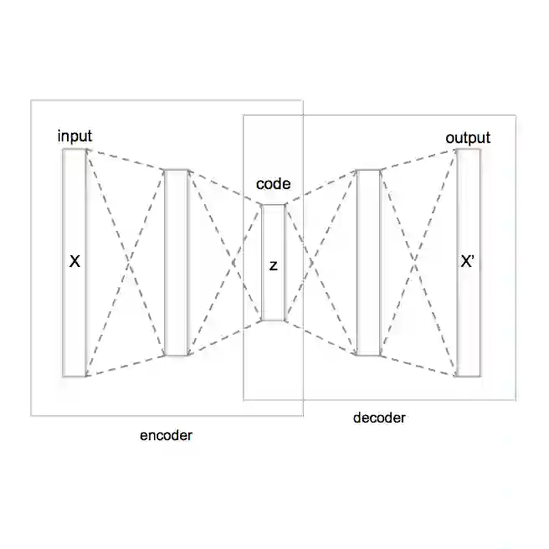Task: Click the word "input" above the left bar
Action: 74,136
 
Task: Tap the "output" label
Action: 468,138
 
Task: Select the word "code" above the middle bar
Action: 274,184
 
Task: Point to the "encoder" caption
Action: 166,435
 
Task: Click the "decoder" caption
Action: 379,418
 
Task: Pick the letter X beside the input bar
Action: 74,262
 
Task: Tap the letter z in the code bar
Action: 274,265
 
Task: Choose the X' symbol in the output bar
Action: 469,262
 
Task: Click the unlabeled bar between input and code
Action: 177,263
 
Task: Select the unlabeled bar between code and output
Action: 368,263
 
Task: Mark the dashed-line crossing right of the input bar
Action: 126,264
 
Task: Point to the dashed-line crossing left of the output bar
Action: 418,264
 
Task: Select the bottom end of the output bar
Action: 468,375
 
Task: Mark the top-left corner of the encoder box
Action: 31,101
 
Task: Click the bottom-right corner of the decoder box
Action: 516,400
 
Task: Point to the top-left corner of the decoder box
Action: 244,115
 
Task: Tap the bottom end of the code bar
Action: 274,321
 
